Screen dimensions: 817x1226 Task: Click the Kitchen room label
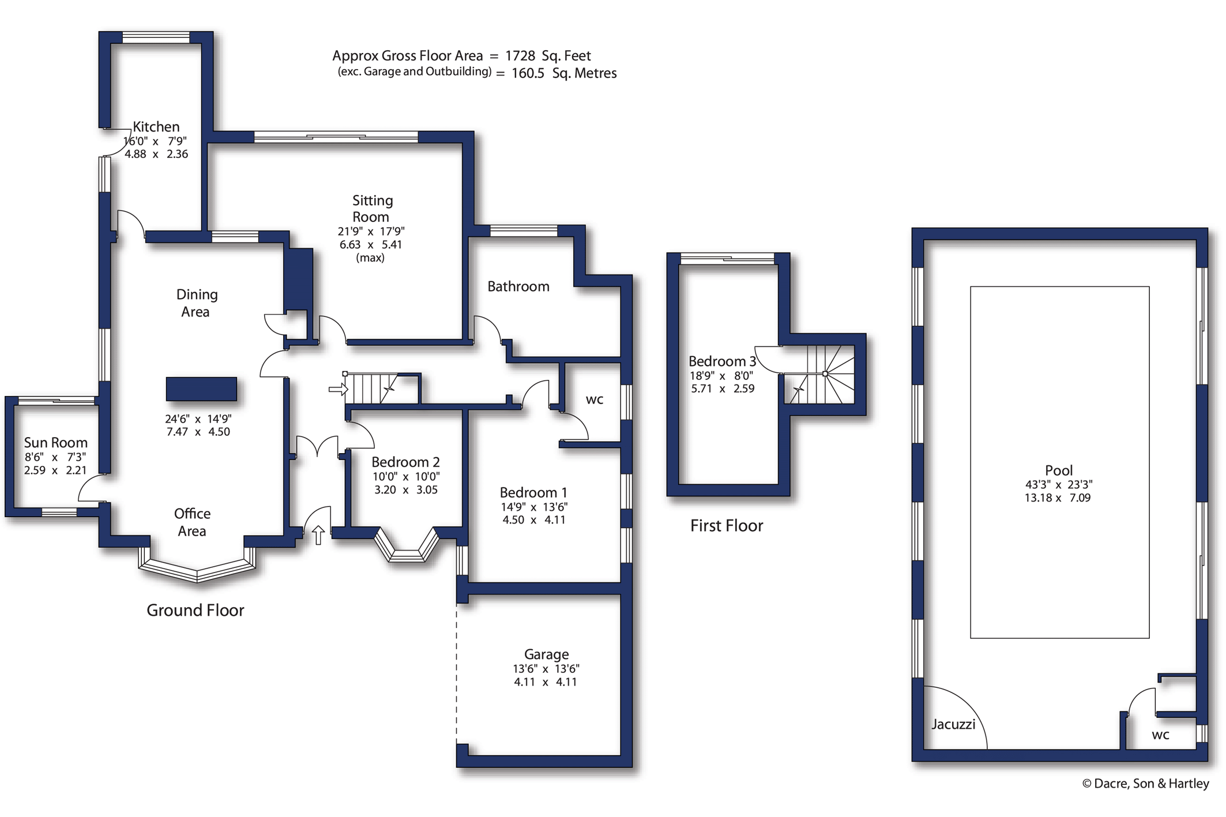click(156, 127)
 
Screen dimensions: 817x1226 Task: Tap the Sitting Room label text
click(372, 209)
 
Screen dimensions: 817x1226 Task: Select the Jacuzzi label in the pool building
click(953, 724)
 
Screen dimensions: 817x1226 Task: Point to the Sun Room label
click(55, 443)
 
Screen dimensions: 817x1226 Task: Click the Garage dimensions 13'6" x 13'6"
click(546, 669)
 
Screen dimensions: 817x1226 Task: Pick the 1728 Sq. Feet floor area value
click(547, 56)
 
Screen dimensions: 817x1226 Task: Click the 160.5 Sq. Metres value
click(563, 73)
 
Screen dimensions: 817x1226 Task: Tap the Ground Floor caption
click(195, 610)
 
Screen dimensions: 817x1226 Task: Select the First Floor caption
click(726, 525)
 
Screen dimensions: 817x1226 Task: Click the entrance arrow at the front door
click(318, 534)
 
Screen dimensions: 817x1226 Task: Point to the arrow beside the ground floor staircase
click(338, 390)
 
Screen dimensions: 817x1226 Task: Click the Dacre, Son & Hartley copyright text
click(1145, 784)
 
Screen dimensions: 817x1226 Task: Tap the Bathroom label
click(518, 287)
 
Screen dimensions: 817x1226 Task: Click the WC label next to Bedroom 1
click(594, 400)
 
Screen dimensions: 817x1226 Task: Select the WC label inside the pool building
click(1160, 735)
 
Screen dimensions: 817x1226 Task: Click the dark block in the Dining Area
click(201, 389)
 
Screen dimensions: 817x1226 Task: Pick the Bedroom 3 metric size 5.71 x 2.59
click(722, 389)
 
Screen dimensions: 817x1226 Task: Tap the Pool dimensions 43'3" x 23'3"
click(1058, 485)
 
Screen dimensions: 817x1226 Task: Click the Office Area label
click(192, 522)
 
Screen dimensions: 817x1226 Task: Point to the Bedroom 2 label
click(405, 462)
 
